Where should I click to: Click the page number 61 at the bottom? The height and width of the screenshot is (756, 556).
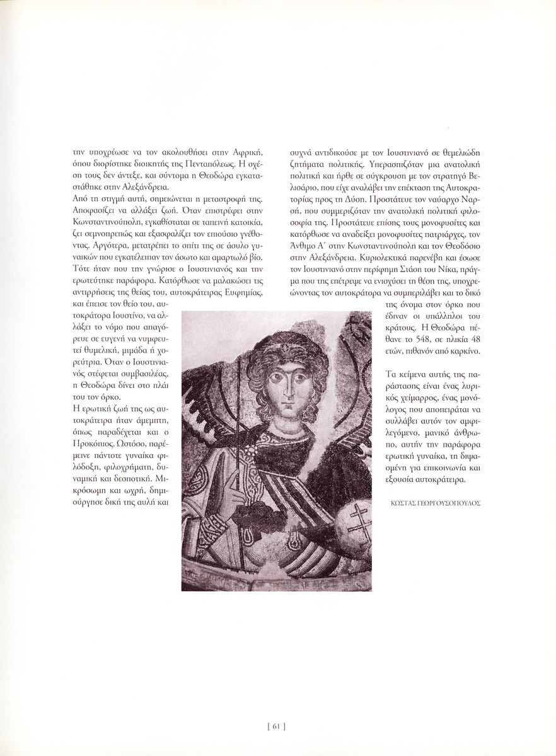[x=277, y=726]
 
